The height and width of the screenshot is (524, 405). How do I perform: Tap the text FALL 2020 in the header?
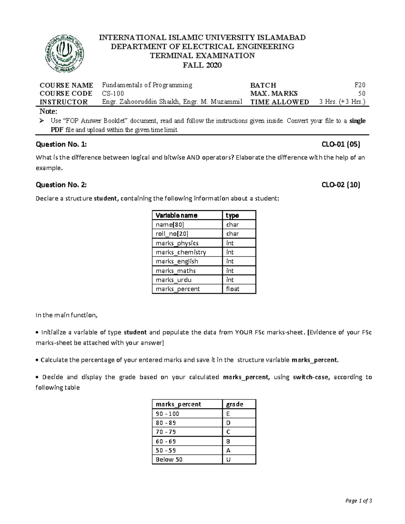[x=202, y=65]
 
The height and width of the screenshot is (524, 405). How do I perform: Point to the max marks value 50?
[x=361, y=93]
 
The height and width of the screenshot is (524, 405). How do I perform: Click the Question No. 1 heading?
[x=61, y=145]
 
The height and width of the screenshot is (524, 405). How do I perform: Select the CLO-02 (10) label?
[x=341, y=185]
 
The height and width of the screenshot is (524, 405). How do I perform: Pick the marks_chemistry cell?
[x=181, y=252]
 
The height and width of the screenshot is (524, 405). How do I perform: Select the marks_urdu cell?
[x=173, y=280]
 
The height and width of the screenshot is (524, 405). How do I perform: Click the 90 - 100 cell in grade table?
[x=167, y=414]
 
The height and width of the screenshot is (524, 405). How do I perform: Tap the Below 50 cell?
[x=169, y=460]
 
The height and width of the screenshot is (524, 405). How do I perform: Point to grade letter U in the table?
[x=228, y=460]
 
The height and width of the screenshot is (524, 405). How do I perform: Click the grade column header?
[x=235, y=404]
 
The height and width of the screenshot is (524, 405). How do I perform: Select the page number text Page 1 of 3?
[x=358, y=501]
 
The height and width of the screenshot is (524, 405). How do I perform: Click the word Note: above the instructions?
[x=49, y=112]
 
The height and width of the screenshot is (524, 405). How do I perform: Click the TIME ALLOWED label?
[x=279, y=102]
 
